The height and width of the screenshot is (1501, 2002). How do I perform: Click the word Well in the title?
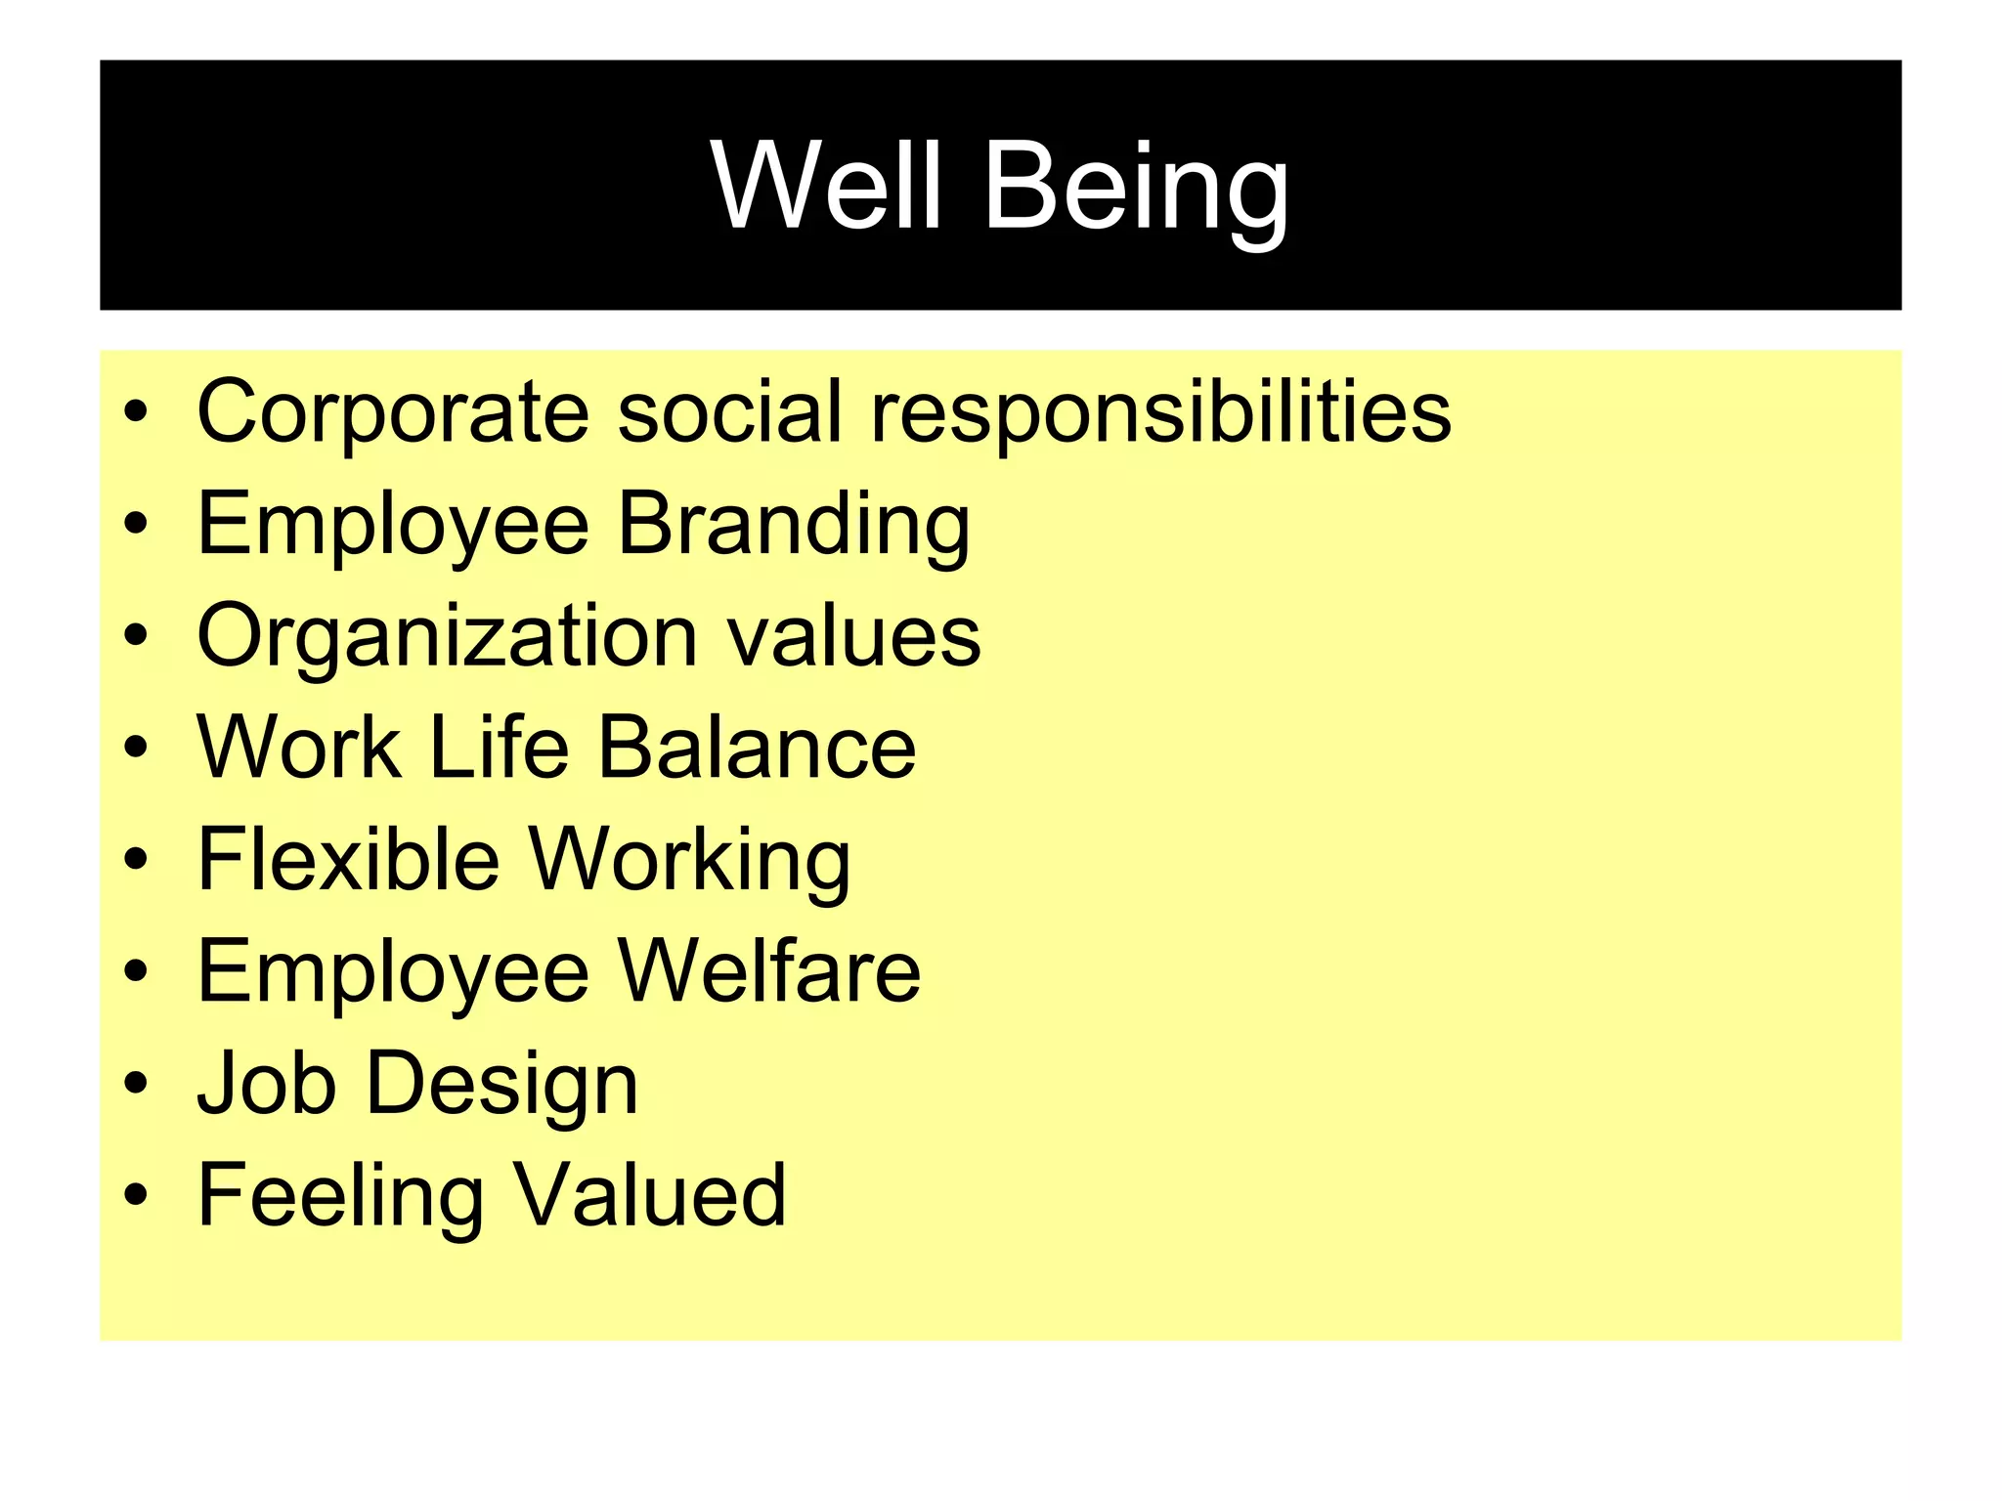point(827,185)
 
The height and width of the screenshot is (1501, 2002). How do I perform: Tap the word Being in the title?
point(1136,188)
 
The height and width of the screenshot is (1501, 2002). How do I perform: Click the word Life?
point(499,748)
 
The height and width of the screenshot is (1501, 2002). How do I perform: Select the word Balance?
point(757,748)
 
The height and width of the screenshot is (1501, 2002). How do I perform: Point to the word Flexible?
point(348,860)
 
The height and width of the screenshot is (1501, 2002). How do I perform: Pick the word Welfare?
point(769,971)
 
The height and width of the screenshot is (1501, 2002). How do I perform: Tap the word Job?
point(267,1084)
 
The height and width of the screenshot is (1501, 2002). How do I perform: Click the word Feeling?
point(340,1197)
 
